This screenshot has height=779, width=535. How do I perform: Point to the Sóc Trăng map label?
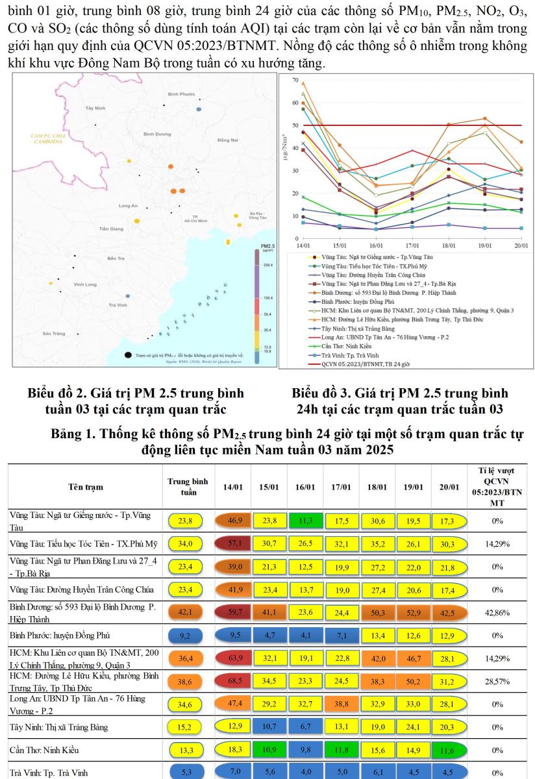click(x=55, y=333)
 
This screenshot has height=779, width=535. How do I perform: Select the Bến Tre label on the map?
click(x=116, y=258)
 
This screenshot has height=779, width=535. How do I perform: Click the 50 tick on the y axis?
click(x=295, y=125)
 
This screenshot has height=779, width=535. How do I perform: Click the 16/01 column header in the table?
click(x=305, y=487)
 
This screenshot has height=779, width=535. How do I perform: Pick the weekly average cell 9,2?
click(x=185, y=634)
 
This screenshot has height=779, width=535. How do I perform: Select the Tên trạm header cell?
click(x=85, y=487)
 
